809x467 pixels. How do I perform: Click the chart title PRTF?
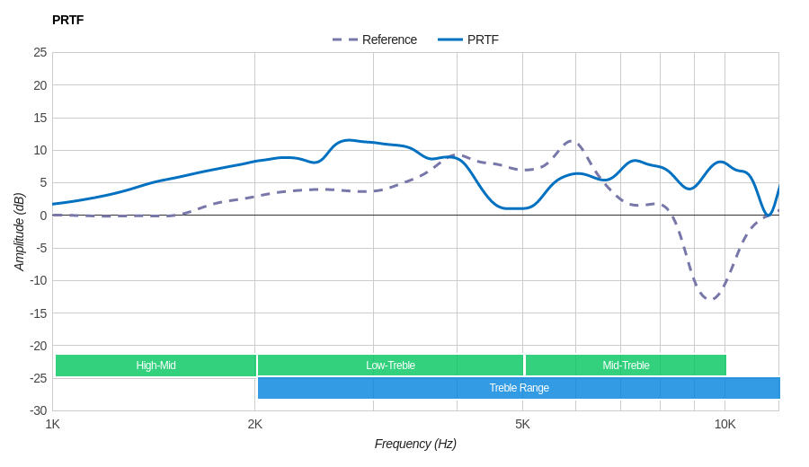click(x=67, y=20)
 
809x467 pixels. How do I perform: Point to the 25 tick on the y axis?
click(x=40, y=52)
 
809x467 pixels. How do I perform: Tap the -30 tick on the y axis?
click(x=38, y=410)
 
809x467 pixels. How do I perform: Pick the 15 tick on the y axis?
click(x=40, y=118)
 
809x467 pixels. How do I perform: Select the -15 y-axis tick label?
click(x=38, y=313)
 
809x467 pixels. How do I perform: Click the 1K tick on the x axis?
click(x=53, y=424)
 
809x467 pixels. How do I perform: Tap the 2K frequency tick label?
click(x=255, y=424)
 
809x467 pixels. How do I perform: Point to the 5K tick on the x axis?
click(x=522, y=424)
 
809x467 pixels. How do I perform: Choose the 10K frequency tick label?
click(x=725, y=424)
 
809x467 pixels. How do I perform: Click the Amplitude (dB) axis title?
click(x=20, y=232)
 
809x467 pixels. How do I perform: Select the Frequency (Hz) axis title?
click(x=415, y=444)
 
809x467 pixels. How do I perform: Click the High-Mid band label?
click(x=156, y=366)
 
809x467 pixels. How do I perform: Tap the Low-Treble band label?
click(x=390, y=366)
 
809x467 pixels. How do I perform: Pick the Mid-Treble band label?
click(x=626, y=366)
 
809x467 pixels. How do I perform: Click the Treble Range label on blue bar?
click(x=519, y=388)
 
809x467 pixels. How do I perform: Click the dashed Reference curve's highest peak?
click(x=572, y=140)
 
